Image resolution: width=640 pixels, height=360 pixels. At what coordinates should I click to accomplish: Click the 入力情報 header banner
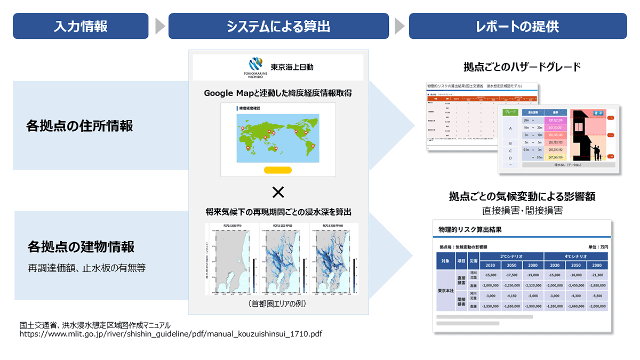point(81,26)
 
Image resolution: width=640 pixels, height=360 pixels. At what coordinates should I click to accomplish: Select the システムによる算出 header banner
point(278,26)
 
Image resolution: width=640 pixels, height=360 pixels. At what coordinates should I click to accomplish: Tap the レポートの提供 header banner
point(517,26)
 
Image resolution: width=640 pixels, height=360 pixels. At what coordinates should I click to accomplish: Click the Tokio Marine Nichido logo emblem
point(256,63)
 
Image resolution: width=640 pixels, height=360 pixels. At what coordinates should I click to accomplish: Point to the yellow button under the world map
point(277,170)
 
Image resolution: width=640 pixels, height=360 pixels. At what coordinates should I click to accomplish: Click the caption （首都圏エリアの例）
point(278,304)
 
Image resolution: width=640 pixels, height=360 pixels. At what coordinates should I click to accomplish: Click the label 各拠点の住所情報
point(79,126)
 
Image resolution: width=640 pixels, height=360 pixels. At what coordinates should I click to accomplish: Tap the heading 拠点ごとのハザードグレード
point(522,67)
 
